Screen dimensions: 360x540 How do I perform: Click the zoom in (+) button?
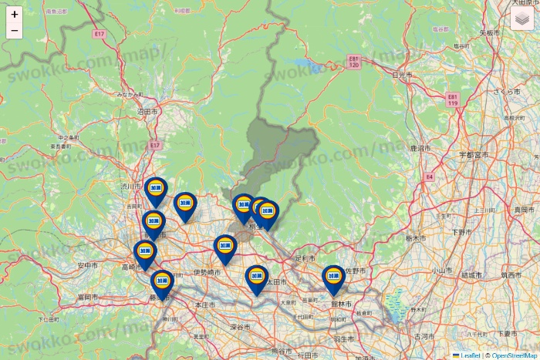(15, 15)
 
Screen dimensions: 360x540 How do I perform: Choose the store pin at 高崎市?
(144, 252)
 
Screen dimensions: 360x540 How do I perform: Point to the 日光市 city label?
(402, 75)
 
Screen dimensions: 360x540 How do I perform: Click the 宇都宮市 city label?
(474, 155)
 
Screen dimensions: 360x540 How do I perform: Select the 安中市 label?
(89, 265)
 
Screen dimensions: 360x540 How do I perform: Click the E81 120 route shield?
(354, 62)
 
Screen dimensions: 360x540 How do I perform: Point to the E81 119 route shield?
(453, 99)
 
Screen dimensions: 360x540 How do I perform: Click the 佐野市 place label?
(355, 271)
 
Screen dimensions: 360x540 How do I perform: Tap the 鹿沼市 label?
(420, 146)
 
